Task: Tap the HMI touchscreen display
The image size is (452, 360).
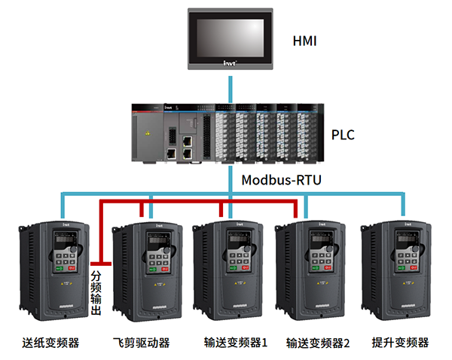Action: [x=228, y=35]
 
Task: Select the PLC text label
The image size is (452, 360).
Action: [x=343, y=136]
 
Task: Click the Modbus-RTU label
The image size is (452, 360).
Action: [x=279, y=180]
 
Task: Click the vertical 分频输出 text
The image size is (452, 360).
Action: [x=96, y=290]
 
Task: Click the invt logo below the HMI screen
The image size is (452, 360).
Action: [x=228, y=65]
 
